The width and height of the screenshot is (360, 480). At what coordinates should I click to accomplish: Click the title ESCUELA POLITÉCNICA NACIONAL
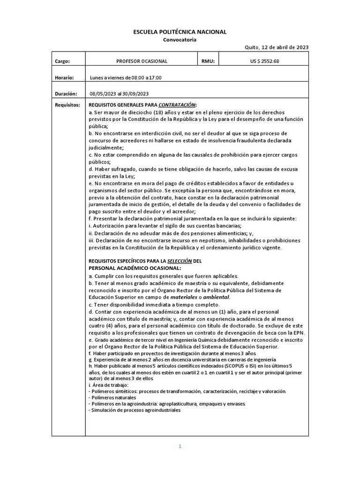pos(180,32)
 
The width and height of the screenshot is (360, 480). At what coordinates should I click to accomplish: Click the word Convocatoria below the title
pos(180,40)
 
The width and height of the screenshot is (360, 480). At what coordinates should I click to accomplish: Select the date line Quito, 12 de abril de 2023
pos(277,47)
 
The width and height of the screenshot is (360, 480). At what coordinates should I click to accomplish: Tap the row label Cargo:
pos(62,61)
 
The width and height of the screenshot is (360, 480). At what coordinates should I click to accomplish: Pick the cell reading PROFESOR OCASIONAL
pos(142,61)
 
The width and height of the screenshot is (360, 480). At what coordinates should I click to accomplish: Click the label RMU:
pos(208,61)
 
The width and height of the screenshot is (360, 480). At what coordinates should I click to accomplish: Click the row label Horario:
pos(65,77)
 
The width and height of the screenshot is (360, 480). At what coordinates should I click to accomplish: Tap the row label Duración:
pos(66,93)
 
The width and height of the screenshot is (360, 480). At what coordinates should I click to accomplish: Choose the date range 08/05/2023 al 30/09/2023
pos(119,94)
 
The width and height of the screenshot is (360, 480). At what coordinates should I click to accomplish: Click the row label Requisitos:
pos(67,105)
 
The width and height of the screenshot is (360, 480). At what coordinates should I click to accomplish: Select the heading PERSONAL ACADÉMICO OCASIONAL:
pos(135,268)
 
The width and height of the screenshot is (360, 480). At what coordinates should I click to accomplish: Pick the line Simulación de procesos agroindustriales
pos(135,410)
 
